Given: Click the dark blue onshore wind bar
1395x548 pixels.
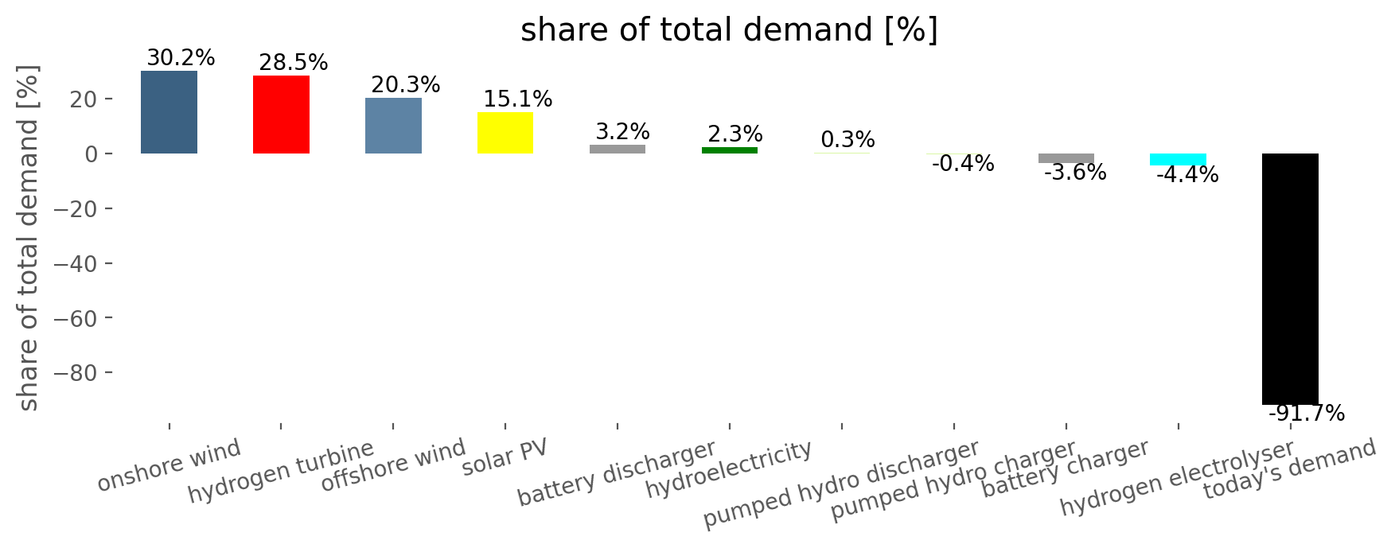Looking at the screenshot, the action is point(169,112).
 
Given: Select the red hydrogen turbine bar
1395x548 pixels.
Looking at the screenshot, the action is point(281,115).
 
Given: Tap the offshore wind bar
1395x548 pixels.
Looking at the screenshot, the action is point(393,126).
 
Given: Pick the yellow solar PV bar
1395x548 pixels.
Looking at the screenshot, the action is point(505,133).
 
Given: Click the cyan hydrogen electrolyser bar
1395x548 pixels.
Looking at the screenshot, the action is point(1178,159).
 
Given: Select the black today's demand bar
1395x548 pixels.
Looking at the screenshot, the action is point(1290,279).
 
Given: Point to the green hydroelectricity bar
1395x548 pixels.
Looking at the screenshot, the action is point(730,150).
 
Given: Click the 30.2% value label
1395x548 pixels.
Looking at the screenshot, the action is point(181,58).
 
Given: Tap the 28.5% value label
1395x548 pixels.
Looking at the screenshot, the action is point(293,63).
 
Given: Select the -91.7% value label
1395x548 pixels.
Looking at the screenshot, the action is point(1306,414).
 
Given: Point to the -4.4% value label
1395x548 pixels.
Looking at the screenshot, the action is point(1187,175).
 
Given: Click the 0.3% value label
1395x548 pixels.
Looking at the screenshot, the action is point(848,140).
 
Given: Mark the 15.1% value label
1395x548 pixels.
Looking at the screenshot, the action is point(517,99).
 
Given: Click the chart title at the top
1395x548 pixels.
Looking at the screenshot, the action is point(729,30).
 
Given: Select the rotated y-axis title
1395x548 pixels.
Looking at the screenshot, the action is point(28,238).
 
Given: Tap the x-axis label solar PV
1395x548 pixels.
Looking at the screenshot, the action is point(505,457).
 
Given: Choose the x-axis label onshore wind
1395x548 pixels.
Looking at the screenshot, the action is point(169,465).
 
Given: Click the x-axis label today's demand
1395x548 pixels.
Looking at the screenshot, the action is point(1289,469).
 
